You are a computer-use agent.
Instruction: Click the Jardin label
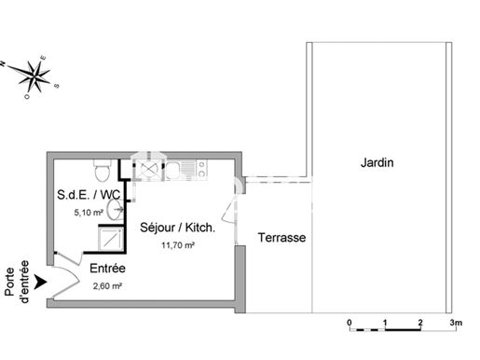tap(377, 162)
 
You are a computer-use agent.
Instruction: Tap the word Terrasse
tap(281, 238)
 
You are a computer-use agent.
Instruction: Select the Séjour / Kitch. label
tap(177, 228)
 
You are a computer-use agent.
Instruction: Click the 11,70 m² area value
tap(178, 245)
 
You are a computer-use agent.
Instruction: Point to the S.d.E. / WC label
tap(89, 195)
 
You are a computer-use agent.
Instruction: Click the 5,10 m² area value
tap(89, 213)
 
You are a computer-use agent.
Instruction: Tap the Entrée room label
tap(107, 269)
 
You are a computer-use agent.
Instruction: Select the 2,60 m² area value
tap(107, 285)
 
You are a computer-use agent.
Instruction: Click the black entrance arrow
tap(40, 282)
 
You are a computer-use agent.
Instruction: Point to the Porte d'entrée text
tap(18, 282)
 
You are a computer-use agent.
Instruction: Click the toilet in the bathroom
tap(102, 171)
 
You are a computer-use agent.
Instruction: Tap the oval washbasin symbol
tap(114, 210)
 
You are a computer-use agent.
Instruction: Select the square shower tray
tap(111, 239)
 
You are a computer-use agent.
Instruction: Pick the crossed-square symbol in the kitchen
tap(147, 169)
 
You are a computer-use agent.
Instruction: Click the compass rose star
tap(34, 76)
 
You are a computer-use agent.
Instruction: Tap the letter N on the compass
tap(3, 63)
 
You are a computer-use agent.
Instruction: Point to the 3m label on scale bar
tap(456, 323)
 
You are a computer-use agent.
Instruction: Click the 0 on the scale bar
tap(350, 323)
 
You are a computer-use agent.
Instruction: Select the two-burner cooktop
tap(201, 169)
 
